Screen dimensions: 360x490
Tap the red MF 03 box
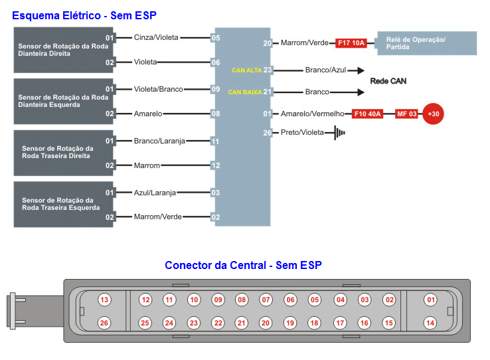[407, 114]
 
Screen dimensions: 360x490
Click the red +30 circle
[434, 114]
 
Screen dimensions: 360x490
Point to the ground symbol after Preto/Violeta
[340, 133]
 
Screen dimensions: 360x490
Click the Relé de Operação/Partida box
[427, 43]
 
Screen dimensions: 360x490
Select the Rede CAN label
[388, 81]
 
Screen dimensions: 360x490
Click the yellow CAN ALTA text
[246, 70]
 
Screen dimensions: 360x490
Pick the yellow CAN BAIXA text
[244, 92]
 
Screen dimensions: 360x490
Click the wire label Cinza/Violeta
[156, 38]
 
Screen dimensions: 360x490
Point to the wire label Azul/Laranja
[155, 193]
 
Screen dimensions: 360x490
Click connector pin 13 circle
[104, 300]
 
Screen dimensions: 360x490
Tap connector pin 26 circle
[104, 323]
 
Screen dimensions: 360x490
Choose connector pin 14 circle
[430, 323]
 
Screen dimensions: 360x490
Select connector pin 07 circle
[266, 300]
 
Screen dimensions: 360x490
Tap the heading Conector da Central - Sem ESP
[243, 266]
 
